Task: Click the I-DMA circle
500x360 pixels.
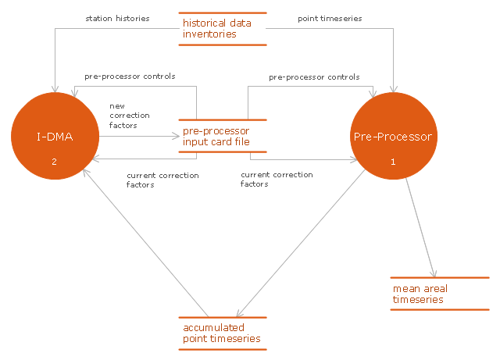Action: (x=55, y=137)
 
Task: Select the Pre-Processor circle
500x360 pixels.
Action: (x=393, y=137)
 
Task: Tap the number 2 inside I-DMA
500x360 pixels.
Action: (x=54, y=162)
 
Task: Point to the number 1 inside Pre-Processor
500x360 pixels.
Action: (x=393, y=162)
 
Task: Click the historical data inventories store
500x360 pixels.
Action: (x=223, y=29)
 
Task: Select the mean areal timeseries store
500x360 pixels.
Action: (x=439, y=294)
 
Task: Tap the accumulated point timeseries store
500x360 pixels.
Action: (x=223, y=333)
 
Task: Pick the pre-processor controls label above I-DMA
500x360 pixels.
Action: (x=130, y=77)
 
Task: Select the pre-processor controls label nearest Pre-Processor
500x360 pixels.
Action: (x=314, y=77)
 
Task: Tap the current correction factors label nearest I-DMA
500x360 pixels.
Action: (x=162, y=180)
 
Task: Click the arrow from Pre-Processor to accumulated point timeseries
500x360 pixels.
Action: (x=305, y=242)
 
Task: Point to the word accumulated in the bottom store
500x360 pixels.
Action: (x=213, y=327)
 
